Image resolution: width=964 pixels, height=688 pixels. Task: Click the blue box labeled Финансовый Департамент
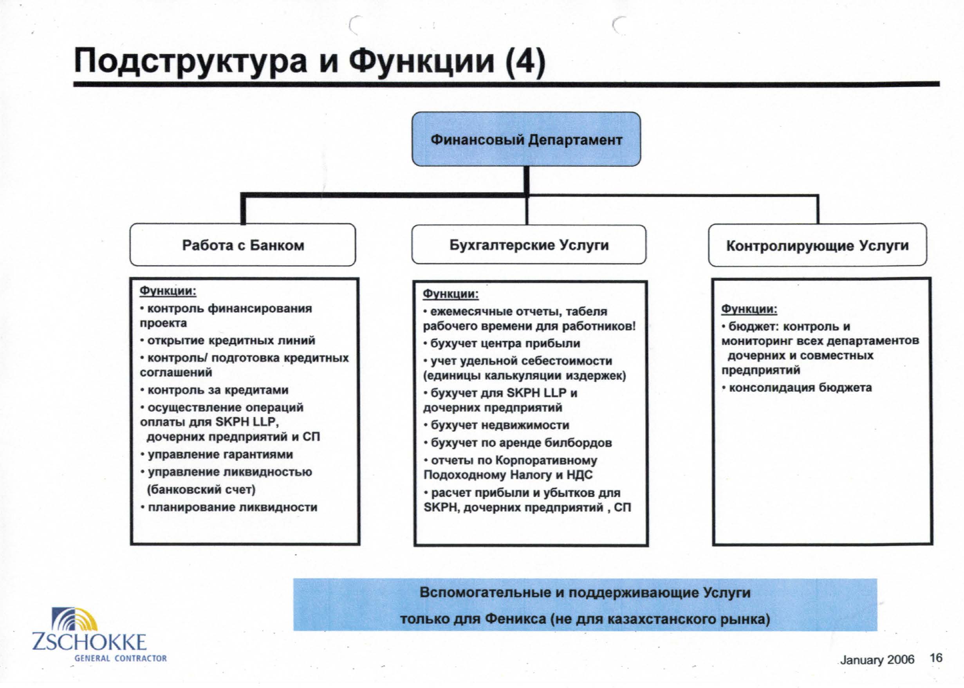(x=526, y=139)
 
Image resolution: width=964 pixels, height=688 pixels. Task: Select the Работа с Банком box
(x=243, y=245)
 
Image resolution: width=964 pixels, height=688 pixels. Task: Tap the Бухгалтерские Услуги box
(x=529, y=244)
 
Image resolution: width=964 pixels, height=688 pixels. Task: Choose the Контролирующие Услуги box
(x=818, y=245)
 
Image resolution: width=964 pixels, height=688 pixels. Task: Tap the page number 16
(x=936, y=658)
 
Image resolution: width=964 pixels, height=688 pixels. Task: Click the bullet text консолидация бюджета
(x=797, y=388)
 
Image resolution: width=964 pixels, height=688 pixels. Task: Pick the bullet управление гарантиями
(x=217, y=455)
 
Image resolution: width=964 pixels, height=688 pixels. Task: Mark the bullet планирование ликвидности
(x=229, y=507)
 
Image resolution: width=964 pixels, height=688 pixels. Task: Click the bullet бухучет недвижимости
(x=496, y=425)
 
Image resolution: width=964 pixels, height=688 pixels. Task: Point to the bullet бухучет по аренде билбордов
(x=518, y=443)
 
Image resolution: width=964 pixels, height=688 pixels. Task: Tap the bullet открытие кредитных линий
(x=228, y=341)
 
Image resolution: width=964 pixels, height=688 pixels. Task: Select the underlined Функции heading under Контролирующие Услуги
(x=749, y=309)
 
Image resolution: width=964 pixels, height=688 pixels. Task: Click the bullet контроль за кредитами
(x=214, y=390)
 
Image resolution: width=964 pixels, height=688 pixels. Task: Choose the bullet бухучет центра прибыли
(x=502, y=343)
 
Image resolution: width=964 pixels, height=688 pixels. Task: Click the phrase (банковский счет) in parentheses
(x=201, y=489)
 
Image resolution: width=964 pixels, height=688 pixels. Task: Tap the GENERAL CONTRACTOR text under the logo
(x=120, y=658)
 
